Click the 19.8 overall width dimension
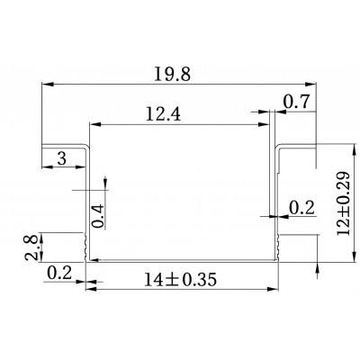(173, 74)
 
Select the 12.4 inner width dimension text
(163, 114)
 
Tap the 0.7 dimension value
(296, 102)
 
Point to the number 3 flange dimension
(61, 158)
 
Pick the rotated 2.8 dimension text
(31, 247)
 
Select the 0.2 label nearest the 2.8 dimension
(59, 273)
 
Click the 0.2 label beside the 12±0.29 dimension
(301, 208)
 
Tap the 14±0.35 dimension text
(180, 280)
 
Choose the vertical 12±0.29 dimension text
(344, 204)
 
